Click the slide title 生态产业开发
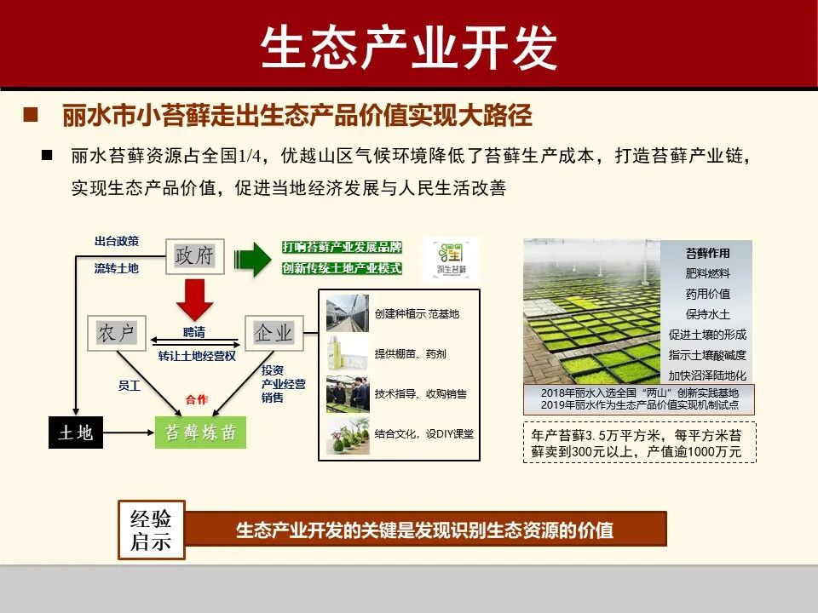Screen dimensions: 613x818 coord(408,46)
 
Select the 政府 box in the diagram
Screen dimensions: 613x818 coord(194,255)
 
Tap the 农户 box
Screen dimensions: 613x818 coord(117,333)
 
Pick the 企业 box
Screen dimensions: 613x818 coord(274,333)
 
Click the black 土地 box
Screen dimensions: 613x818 coord(75,433)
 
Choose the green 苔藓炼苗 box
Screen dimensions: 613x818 coord(200,433)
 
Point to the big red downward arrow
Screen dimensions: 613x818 coord(194,299)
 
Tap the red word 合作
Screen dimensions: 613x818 coord(197,398)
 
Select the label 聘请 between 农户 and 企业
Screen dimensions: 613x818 coord(194,332)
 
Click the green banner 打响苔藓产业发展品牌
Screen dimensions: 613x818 coord(342,247)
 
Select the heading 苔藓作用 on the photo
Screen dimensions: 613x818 coord(708,253)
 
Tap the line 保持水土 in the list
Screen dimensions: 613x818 coord(708,314)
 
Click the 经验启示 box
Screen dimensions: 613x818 coord(151,530)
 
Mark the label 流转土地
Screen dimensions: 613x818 coord(116,268)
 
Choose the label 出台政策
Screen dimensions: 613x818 coord(116,241)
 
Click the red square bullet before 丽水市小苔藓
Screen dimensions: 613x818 coord(31,114)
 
